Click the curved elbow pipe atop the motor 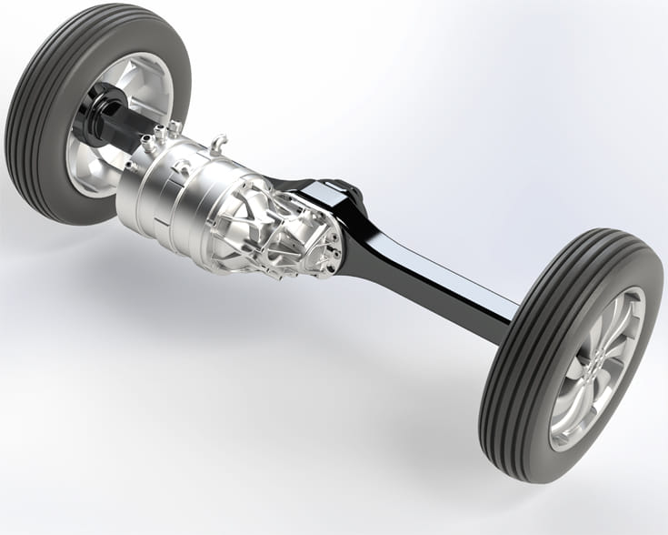click(217, 142)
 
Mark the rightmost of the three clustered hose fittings click(174, 126)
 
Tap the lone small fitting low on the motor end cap click(131, 166)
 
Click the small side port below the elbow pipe click(183, 167)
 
